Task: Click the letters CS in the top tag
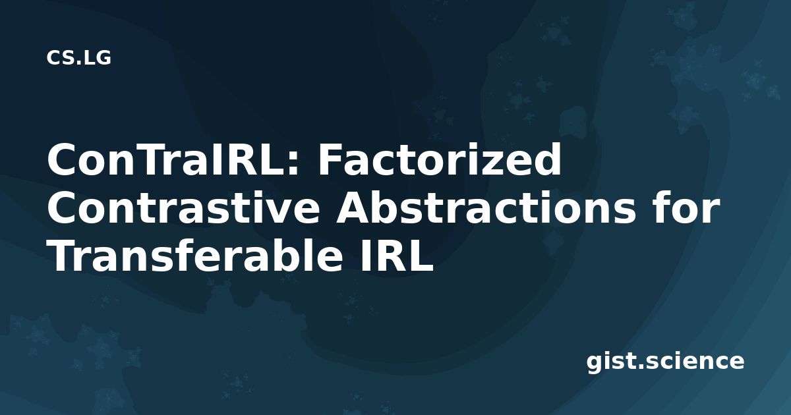(59, 58)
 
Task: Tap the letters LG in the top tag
(98, 58)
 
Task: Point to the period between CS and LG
(78, 63)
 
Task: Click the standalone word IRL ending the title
(396, 256)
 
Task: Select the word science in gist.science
(695, 361)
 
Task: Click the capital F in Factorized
(330, 159)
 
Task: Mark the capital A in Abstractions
(354, 208)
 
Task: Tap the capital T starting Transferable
(63, 256)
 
